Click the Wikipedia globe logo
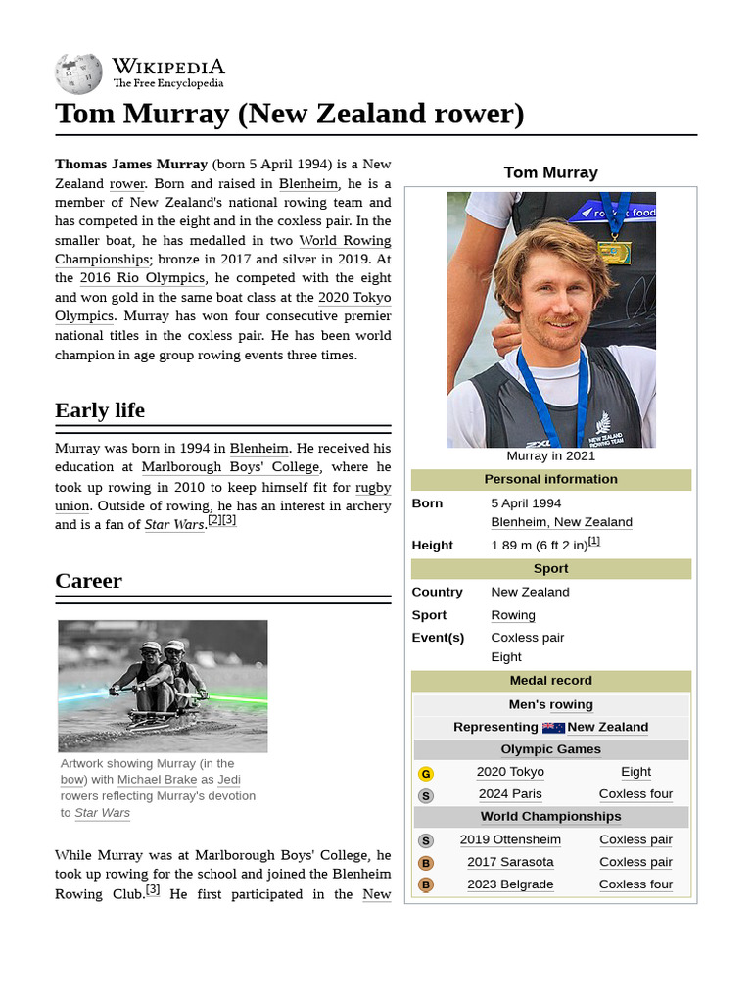[78, 73]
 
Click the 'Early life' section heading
[100, 410]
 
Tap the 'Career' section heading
[88, 581]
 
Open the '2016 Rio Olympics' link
[142, 278]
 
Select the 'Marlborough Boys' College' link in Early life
[230, 467]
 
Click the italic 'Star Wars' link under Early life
[173, 525]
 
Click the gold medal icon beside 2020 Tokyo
[426, 773]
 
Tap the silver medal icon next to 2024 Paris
[426, 795]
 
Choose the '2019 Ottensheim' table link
[510, 839]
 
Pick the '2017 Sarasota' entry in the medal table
[510, 862]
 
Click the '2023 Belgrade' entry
[510, 884]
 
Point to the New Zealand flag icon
[553, 728]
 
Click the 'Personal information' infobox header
[550, 479]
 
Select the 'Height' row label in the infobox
[433, 546]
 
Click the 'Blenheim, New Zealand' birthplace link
[561, 522]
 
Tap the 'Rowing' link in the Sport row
[513, 615]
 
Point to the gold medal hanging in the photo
[614, 251]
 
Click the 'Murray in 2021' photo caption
[550, 456]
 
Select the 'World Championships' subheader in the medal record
[550, 817]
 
